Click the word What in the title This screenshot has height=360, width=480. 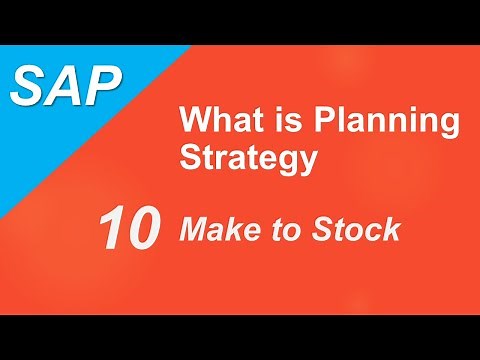(213, 123)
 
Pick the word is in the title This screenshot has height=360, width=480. (265, 123)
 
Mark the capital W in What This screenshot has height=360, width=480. (195, 123)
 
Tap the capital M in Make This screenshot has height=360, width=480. (192, 230)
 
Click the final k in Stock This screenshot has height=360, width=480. (392, 230)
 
